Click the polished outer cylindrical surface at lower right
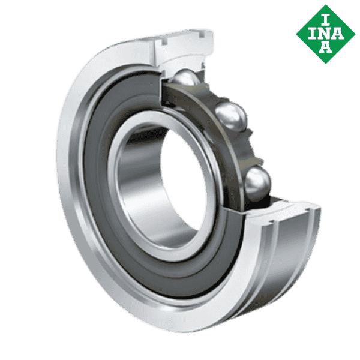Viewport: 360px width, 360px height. coord(282,264)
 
